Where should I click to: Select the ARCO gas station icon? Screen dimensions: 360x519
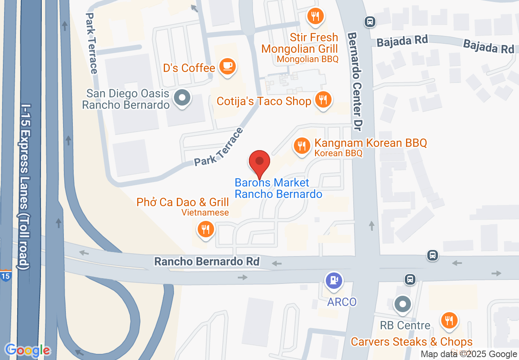(334, 281)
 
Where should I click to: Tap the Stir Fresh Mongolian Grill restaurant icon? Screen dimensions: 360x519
(315, 17)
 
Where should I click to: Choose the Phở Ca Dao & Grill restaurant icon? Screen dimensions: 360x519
(205, 229)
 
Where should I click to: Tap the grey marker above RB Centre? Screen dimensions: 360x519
(403, 304)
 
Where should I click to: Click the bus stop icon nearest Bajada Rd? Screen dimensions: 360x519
(370, 22)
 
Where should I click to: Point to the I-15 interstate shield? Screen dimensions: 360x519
(6, 275)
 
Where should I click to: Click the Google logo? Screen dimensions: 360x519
(28, 350)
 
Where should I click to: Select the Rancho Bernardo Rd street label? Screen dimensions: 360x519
(207, 261)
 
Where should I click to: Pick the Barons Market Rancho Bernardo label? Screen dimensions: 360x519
(278, 188)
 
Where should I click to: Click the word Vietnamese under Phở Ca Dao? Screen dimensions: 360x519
(205, 213)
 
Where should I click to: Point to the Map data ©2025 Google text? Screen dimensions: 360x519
(469, 354)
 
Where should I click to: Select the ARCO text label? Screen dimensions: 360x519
(342, 302)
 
